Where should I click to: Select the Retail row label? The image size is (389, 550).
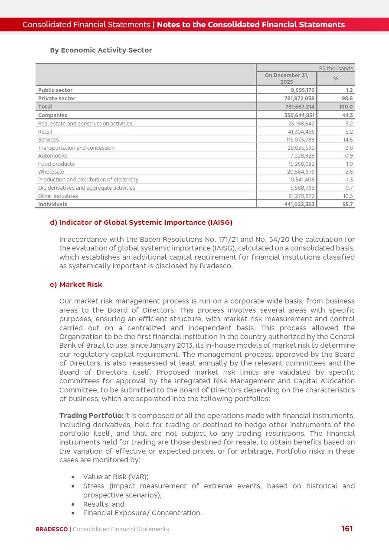(x=45, y=132)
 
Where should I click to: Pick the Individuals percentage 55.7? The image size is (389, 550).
(x=347, y=204)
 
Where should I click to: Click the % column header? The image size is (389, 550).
(x=336, y=79)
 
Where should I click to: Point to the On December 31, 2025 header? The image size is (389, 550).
(x=287, y=79)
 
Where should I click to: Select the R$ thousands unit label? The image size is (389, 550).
(x=336, y=69)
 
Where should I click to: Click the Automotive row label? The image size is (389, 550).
(x=52, y=156)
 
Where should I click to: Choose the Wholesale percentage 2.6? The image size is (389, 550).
(x=349, y=172)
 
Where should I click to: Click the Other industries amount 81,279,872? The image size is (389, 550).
(x=301, y=196)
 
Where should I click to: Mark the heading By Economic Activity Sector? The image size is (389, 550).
(x=101, y=50)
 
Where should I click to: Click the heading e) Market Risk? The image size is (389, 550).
(x=76, y=285)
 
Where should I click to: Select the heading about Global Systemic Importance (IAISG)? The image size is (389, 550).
(x=141, y=223)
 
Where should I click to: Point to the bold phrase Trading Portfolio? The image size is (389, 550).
(x=92, y=416)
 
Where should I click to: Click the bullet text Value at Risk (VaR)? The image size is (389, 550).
(x=115, y=477)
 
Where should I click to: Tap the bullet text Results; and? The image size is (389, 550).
(x=104, y=504)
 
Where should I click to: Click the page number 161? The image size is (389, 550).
(x=347, y=529)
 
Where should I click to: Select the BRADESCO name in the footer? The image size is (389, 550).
(x=52, y=530)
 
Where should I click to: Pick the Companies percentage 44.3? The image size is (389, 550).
(x=347, y=115)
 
